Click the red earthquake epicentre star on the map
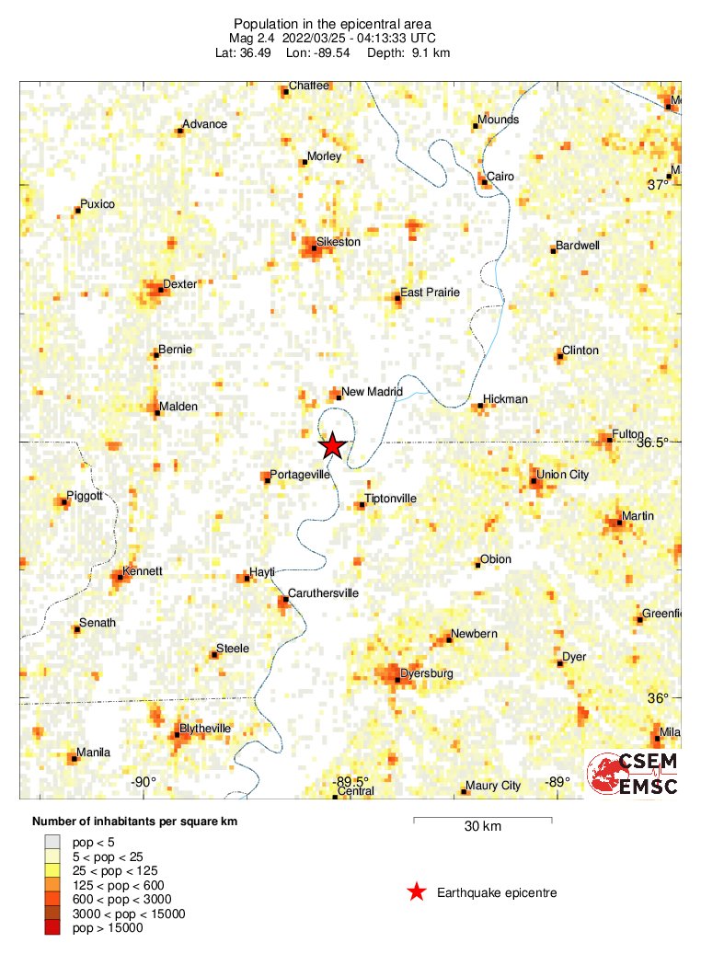coord(332,446)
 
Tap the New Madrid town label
coord(372,392)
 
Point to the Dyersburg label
coord(428,674)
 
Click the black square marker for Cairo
coord(484,182)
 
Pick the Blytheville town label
coord(205,729)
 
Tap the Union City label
coord(562,475)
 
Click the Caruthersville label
coord(323,593)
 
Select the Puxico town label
coord(98,204)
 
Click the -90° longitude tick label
coord(144,782)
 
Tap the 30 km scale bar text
coord(481,827)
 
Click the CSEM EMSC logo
coord(633,774)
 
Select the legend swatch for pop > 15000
coord(52,928)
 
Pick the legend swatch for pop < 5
coord(52,841)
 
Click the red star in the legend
coord(417,891)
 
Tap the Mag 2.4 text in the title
coord(254,38)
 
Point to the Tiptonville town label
coord(390,499)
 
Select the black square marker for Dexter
coord(160,290)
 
